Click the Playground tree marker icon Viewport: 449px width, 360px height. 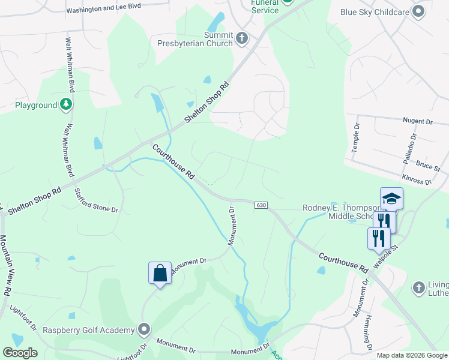point(67,105)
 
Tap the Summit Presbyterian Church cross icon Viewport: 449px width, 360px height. point(242,39)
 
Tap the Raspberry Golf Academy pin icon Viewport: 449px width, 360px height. point(144,329)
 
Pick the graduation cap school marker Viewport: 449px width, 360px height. point(391,199)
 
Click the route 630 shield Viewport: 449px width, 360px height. point(261,205)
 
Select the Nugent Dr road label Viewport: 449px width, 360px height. point(417,122)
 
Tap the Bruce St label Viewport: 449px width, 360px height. point(428,164)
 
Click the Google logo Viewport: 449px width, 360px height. point(20,353)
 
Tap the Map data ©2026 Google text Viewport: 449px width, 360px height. point(412,355)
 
